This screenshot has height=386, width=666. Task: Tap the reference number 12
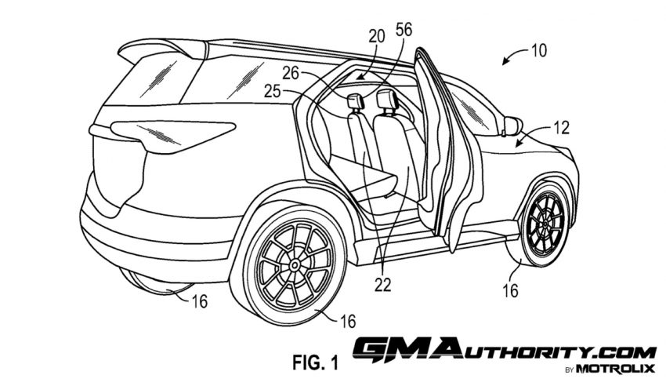(x=562, y=128)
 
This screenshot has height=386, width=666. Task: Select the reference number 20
(x=376, y=37)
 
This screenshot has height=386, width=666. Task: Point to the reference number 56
(x=404, y=30)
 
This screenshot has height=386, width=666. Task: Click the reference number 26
(x=291, y=73)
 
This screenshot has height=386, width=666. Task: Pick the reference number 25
(x=273, y=90)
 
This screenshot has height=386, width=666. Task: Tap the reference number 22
(x=382, y=285)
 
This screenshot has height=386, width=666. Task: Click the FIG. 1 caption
(x=316, y=362)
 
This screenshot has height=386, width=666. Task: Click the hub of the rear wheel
(x=294, y=265)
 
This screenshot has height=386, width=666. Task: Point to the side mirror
(x=512, y=126)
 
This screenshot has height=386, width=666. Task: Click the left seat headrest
(x=355, y=101)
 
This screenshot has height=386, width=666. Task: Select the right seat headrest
(x=386, y=99)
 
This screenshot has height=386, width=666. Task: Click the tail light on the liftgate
(x=173, y=135)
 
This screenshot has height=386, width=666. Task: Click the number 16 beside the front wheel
(x=510, y=291)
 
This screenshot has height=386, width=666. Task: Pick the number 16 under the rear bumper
(x=199, y=301)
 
